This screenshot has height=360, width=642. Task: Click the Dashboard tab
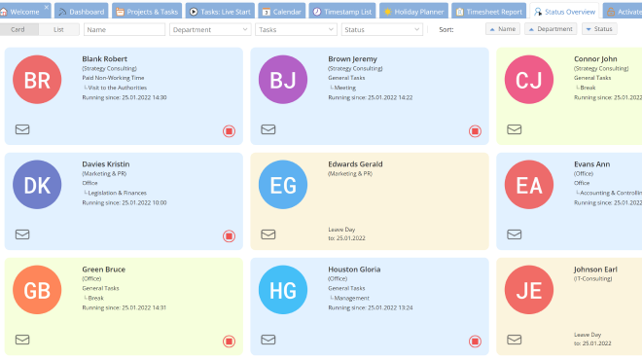coord(82,11)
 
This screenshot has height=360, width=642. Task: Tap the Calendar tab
coord(282,11)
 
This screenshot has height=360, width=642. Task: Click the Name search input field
coord(125,29)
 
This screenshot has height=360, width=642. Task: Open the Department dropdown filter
coord(209,29)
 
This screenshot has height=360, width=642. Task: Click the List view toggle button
coord(59,29)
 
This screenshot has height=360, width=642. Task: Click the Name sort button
coord(503,29)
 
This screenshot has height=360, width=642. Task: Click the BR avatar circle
coord(37,81)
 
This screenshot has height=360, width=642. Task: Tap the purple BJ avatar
coord(283,81)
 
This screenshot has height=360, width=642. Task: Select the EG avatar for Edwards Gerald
coord(283,186)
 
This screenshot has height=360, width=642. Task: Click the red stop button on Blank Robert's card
coord(229,130)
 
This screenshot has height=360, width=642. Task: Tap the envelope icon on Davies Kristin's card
coord(22,234)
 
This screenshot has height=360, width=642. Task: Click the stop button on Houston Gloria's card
coord(475,341)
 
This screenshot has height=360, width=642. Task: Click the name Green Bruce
coord(104,270)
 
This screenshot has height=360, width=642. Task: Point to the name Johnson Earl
coord(596,270)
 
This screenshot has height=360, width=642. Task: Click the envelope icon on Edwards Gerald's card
coord(268,234)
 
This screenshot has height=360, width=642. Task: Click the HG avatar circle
coord(283,291)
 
